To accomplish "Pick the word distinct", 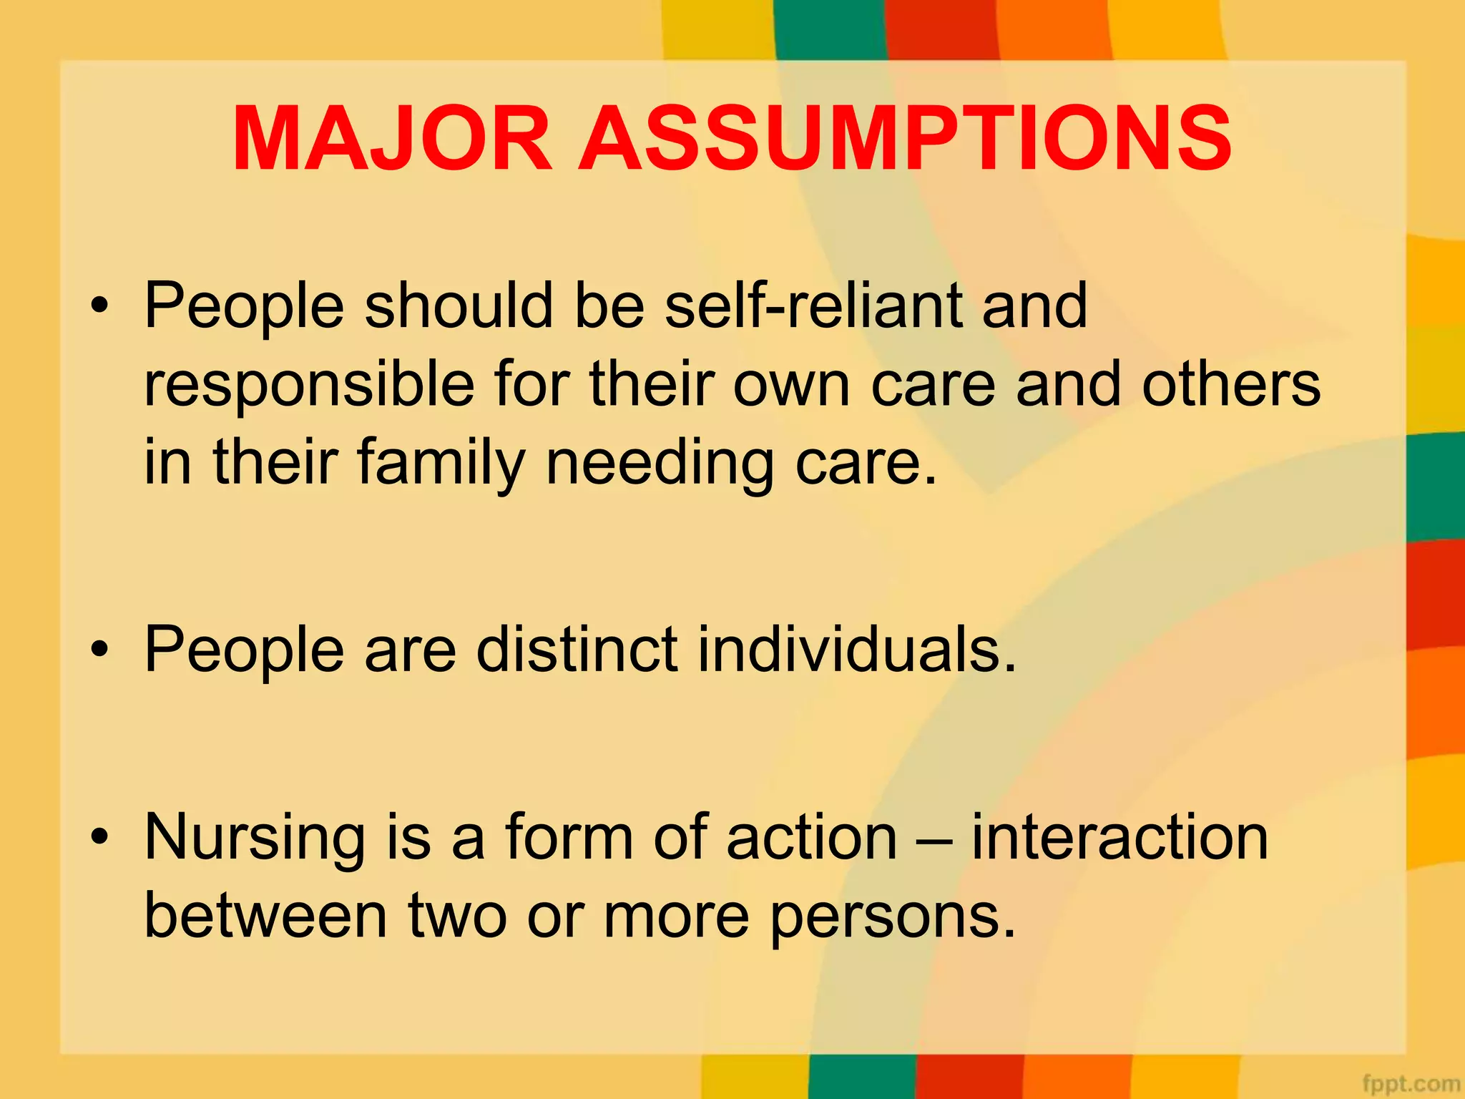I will pos(577,650).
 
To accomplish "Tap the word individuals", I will pos(856,650).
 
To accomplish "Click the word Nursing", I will pos(254,839).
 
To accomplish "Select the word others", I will pos(1230,385).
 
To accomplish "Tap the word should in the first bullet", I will pos(459,306).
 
